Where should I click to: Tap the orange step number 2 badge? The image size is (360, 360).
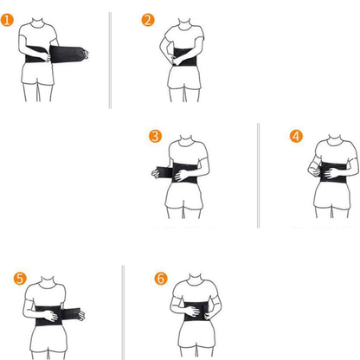tap(148, 21)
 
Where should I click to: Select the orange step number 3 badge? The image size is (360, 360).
tap(155, 137)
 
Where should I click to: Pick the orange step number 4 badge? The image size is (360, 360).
tap(296, 137)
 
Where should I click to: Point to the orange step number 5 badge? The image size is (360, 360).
tap(20, 279)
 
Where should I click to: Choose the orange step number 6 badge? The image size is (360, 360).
tap(160, 279)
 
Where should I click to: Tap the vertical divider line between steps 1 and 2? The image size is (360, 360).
tap(110, 61)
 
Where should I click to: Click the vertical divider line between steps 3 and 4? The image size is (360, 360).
tap(258, 173)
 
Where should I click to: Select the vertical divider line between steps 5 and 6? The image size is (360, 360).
tap(124, 312)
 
